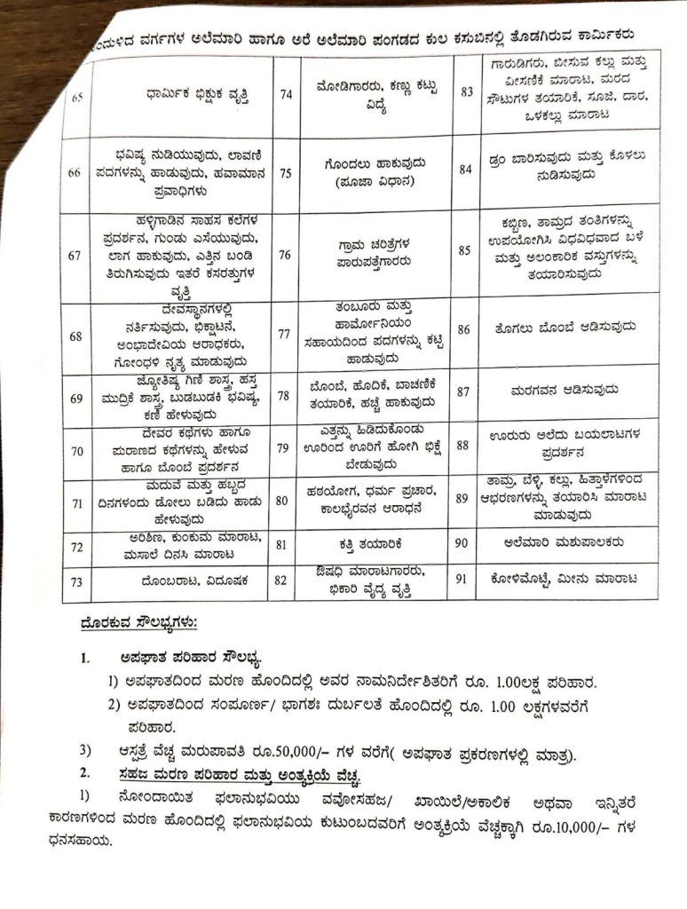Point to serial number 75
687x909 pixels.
point(285,173)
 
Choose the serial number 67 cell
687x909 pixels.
point(75,255)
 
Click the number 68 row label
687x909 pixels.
point(75,336)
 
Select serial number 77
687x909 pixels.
point(285,334)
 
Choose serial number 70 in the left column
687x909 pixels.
point(76,450)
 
